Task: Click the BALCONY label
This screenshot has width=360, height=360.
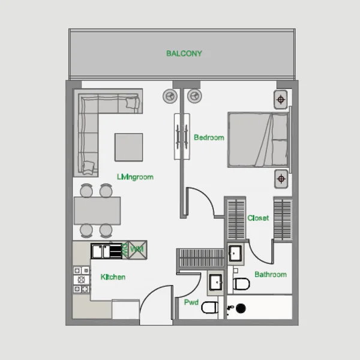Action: [184, 53]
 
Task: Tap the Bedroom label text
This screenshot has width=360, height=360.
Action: [209, 137]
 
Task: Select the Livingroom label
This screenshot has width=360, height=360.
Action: [135, 177]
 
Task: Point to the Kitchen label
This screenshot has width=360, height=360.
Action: [113, 277]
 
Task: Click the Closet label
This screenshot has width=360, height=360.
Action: [258, 218]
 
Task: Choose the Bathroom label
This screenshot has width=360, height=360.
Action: [271, 274]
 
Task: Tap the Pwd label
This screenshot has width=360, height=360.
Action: [191, 302]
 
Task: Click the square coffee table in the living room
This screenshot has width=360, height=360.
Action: [129, 147]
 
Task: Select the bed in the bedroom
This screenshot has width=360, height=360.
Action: [259, 140]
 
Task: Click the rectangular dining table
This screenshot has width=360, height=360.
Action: [97, 211]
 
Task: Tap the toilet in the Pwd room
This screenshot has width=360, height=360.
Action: [209, 307]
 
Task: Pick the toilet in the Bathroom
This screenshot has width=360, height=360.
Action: [241, 284]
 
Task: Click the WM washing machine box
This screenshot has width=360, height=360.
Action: [137, 250]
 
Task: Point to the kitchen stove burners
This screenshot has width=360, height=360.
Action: [82, 280]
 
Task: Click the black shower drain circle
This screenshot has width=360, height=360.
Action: [241, 308]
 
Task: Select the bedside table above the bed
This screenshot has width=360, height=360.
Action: [281, 100]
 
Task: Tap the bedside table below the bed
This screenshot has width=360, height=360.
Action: [281, 179]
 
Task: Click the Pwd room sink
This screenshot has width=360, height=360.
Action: [216, 282]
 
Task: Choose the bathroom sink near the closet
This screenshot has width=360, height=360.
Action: [235, 253]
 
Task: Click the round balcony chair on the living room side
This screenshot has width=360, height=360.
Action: [170, 96]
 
